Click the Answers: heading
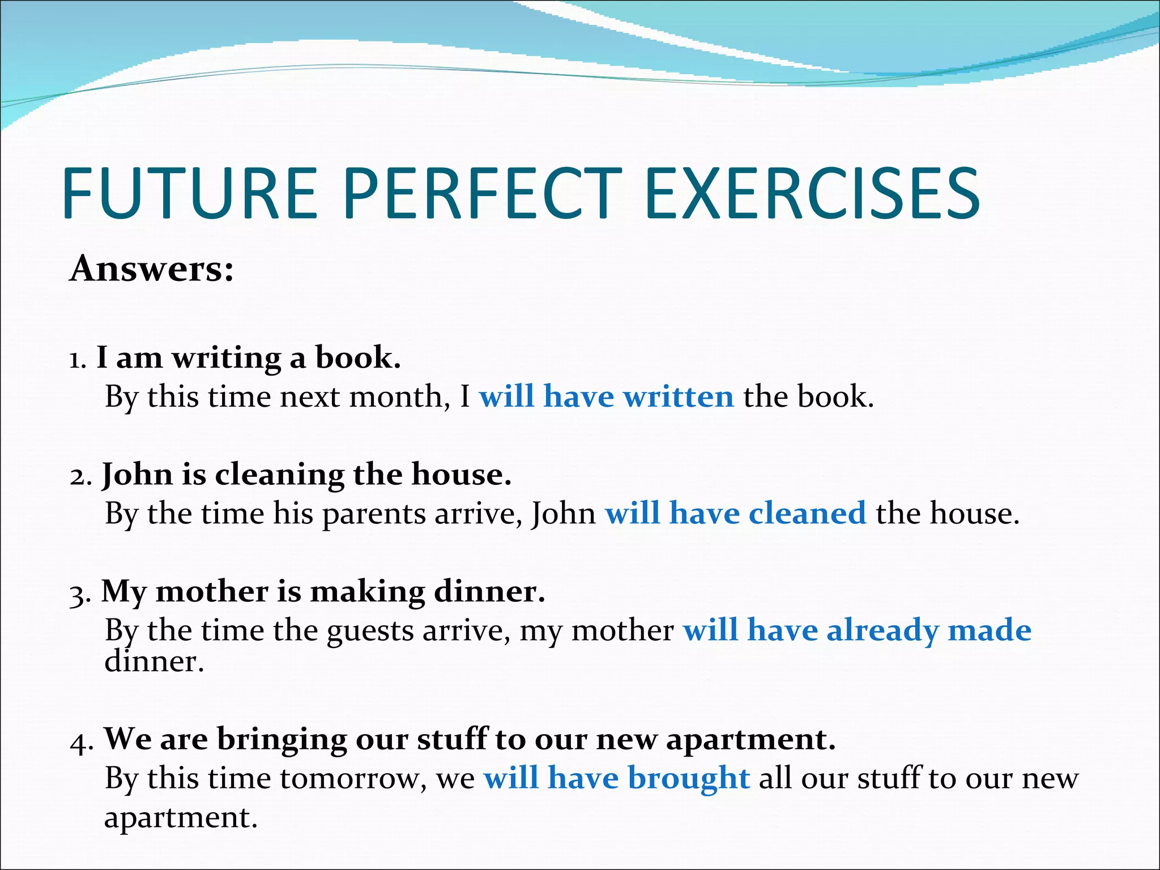(x=151, y=268)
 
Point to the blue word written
(x=678, y=396)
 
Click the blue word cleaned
(x=807, y=513)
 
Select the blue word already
(x=882, y=630)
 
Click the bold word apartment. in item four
(x=750, y=740)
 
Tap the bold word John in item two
(x=137, y=475)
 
